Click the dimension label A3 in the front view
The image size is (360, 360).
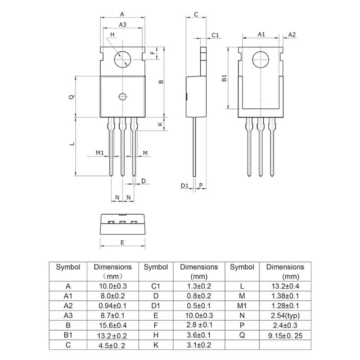[x=122, y=25]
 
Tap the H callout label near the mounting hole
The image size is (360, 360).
[x=112, y=35]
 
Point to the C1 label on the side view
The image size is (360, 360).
[x=215, y=35]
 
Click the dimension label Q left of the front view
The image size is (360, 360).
[x=70, y=97]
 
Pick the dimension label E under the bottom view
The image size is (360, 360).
[x=122, y=242]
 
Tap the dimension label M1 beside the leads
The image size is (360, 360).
[x=100, y=153]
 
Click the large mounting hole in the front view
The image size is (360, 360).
[x=122, y=59]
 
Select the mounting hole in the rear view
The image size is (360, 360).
[x=261, y=59]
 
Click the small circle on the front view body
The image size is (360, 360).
[x=122, y=96]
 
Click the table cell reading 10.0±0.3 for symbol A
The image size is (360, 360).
[x=113, y=286]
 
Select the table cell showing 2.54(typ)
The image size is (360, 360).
[x=285, y=315]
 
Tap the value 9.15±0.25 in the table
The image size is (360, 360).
[x=285, y=335]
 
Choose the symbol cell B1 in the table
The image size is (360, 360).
[x=68, y=335]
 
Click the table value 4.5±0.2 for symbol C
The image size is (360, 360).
[x=113, y=345]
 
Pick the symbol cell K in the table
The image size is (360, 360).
[x=155, y=345]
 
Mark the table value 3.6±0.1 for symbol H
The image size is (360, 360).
[x=199, y=335]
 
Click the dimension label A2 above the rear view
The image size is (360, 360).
[x=292, y=35]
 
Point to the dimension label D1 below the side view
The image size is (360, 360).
[x=184, y=185]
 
